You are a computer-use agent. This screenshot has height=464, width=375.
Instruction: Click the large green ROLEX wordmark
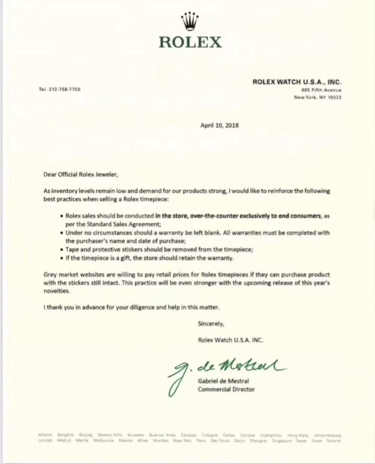pos(190,42)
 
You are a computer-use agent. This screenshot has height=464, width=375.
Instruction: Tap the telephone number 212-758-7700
pos(60,89)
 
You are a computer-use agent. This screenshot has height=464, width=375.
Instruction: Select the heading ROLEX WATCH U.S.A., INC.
pos(297,82)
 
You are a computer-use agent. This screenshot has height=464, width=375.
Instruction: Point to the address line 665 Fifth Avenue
pos(317,90)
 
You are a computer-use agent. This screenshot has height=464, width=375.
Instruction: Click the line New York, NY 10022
pos(317,97)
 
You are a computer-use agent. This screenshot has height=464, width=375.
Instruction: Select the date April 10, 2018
pos(219,126)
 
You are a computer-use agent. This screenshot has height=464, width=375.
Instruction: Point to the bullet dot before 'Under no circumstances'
pos(61,233)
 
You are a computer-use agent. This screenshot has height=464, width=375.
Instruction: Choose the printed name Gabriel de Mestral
pos(223,381)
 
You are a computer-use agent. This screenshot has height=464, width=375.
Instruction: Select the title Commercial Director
pos(226,389)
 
